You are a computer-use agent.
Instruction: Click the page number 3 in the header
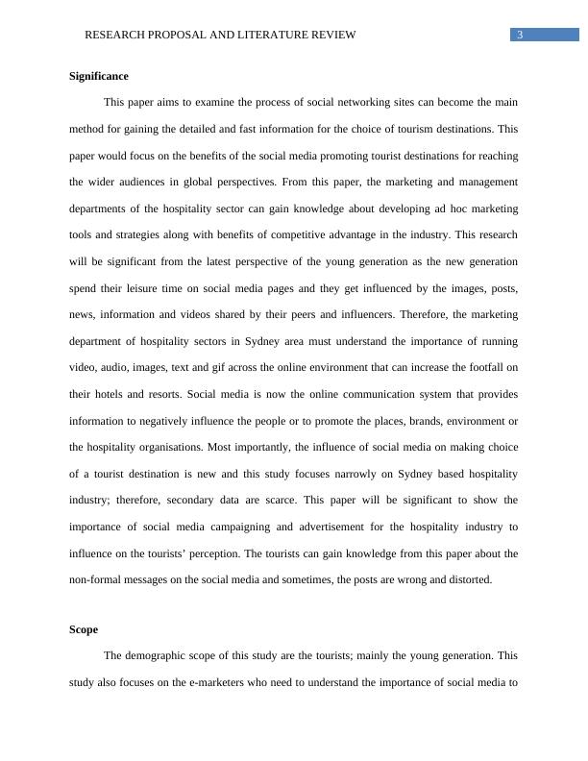point(520,36)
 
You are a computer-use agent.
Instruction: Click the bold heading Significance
point(99,76)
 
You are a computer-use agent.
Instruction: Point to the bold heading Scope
point(84,629)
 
